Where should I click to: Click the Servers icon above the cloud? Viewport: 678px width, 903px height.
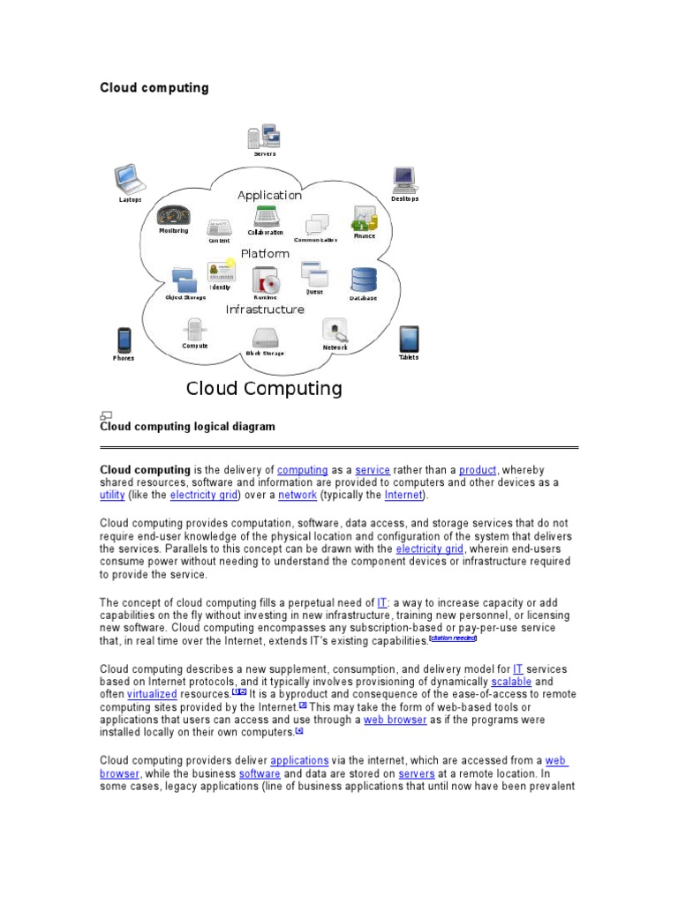pos(264,137)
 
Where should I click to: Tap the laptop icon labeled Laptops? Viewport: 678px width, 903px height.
pos(130,180)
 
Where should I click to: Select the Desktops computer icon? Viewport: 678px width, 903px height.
pos(404,180)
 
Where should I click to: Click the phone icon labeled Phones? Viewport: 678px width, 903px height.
pos(124,340)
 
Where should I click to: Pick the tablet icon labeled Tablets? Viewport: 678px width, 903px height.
pos(408,339)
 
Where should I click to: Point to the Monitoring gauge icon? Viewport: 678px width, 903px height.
pos(173,215)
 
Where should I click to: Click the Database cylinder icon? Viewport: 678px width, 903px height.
pos(363,280)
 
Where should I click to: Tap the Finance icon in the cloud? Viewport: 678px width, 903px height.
pos(365,218)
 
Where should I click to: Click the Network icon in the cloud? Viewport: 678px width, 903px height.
pos(335,331)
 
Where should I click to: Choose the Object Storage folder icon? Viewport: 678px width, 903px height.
pos(185,280)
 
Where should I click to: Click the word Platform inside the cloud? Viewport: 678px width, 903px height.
pos(265,253)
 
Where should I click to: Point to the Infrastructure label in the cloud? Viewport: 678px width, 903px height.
pos(265,310)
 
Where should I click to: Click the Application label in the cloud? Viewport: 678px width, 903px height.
pos(269,195)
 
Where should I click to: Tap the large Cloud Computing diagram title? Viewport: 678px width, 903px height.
pos(264,388)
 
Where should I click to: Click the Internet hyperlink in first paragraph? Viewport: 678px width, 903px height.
pos(403,496)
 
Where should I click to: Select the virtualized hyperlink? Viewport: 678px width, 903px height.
pos(152,695)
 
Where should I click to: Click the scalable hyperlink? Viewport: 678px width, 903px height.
pos(510,683)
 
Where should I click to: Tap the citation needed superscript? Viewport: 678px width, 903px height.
pos(453,638)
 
